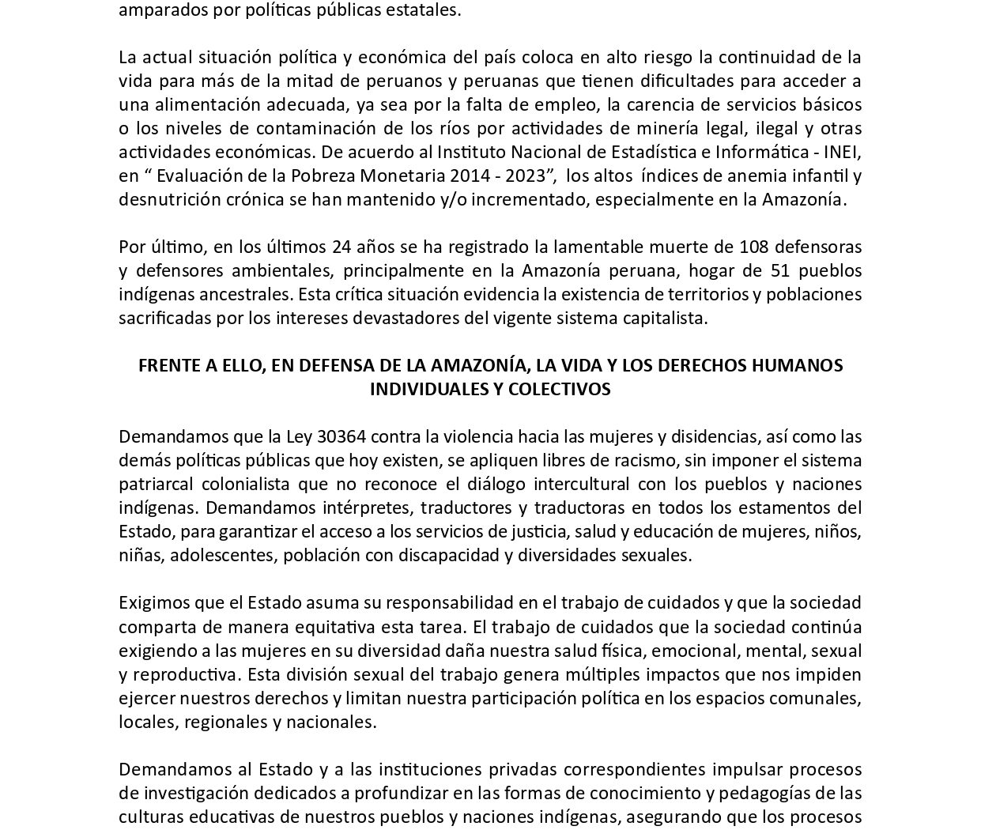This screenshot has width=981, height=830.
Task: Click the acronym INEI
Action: point(841,152)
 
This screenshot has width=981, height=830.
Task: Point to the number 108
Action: point(754,247)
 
